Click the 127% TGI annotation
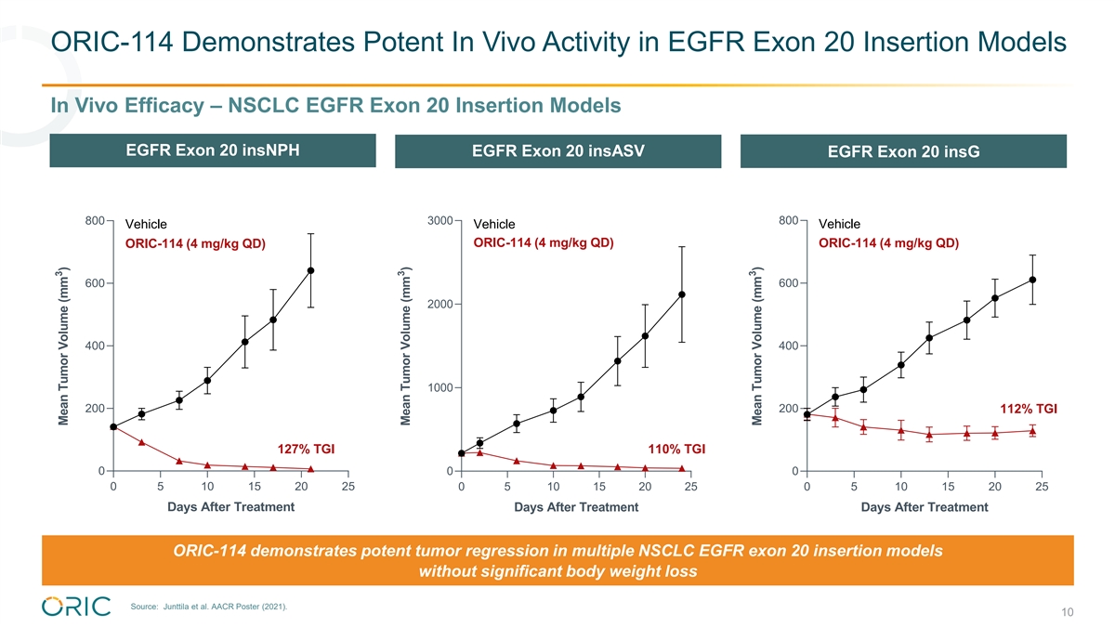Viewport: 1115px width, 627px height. point(300,450)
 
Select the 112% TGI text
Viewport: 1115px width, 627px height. point(1028,409)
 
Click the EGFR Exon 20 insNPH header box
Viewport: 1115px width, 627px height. point(213,150)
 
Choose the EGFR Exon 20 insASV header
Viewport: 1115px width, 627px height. point(557,151)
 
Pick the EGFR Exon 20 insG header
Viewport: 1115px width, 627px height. point(903,151)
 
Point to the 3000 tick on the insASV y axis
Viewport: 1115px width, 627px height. point(439,220)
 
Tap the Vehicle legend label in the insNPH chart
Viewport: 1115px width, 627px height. point(146,224)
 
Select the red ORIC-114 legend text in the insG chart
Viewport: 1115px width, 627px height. point(888,243)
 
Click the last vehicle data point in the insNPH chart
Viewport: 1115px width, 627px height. point(310,270)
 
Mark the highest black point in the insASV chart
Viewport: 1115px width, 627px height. point(682,294)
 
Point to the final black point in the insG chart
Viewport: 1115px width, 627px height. point(1033,280)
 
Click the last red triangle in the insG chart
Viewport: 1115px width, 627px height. point(1033,431)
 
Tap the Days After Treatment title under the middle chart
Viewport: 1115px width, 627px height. point(576,507)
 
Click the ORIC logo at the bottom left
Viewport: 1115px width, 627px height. point(76,606)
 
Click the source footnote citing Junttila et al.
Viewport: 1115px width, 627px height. point(210,607)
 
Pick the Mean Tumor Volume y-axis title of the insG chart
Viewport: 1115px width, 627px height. point(756,346)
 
